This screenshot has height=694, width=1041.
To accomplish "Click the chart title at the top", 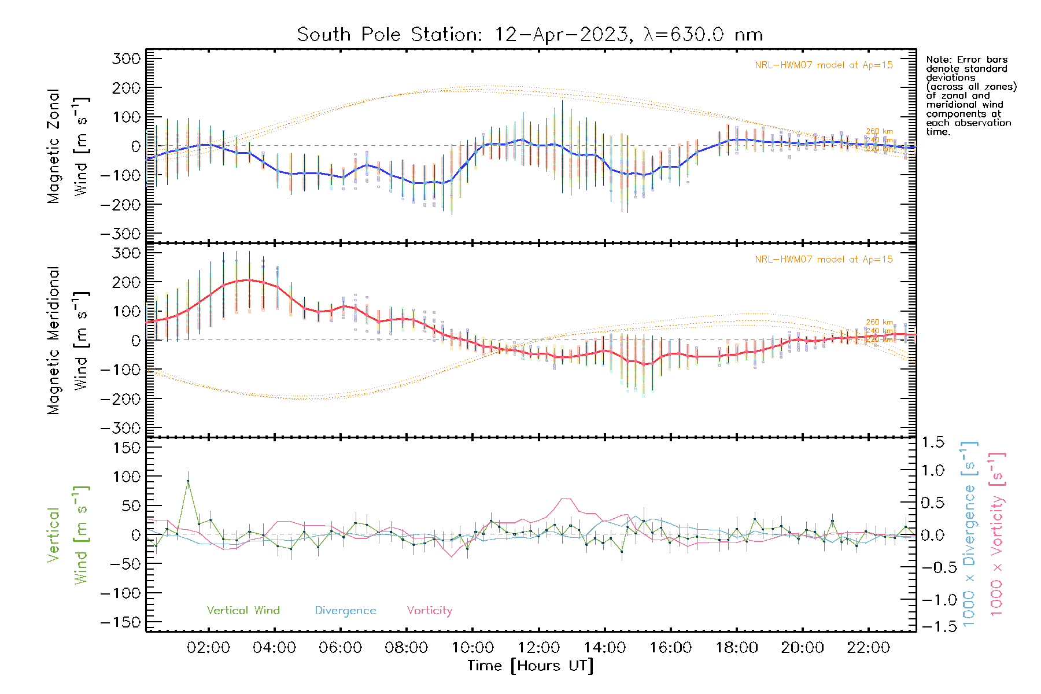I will pos(530,35).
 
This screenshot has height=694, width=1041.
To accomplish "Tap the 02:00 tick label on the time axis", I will pos(208,648).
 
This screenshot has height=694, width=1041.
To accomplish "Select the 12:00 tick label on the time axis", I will pos(538,648).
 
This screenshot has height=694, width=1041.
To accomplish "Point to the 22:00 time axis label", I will pos(868,648).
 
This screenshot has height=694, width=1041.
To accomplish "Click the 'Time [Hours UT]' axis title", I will pos(530,666).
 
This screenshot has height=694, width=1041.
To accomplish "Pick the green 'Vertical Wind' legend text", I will pos(243,611).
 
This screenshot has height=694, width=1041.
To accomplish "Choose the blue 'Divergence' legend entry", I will pos(345,611).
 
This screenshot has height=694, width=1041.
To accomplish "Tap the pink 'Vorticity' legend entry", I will pos(429,611).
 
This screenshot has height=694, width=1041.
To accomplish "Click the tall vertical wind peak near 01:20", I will pos(188,481).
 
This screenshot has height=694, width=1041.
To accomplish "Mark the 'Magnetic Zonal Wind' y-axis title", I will pos(68,146).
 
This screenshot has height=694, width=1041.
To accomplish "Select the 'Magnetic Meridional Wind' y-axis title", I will pos(68,340).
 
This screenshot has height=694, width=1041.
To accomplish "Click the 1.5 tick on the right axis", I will pos(932,442).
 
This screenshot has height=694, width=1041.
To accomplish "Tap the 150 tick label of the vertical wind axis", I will pos(127,448).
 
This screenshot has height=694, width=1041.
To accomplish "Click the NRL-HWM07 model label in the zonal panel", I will pos(824,65).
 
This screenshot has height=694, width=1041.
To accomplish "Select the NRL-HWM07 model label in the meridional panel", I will pos(824,260).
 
